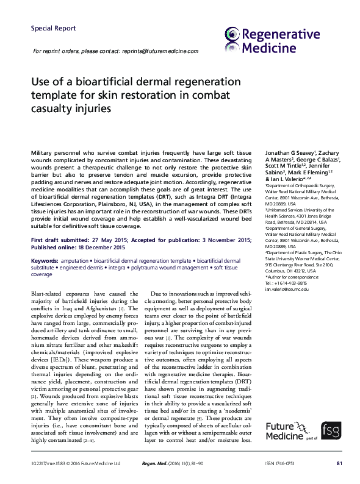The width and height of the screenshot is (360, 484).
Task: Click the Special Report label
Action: [53, 28]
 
